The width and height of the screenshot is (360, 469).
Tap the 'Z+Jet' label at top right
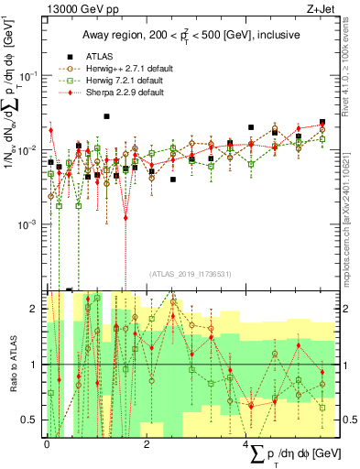coord(316,10)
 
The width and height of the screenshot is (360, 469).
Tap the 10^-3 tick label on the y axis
coord(28,224)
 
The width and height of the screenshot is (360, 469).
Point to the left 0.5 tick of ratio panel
coord(31,420)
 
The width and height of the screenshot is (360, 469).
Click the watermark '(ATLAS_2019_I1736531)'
coord(189,273)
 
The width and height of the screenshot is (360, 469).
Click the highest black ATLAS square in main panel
coord(107,116)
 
